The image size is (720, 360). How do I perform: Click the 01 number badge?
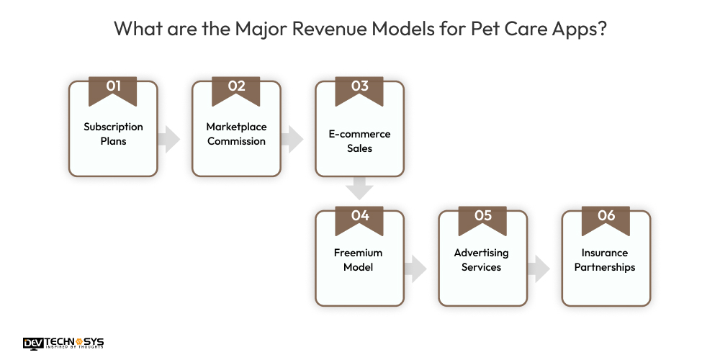pyautogui.click(x=113, y=88)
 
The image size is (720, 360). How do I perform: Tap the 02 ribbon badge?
pyautogui.click(x=236, y=88)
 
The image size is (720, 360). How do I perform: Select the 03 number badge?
pyautogui.click(x=359, y=88)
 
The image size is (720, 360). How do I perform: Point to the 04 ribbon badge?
pyautogui.click(x=359, y=217)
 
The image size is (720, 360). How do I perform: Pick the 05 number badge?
pyautogui.click(x=482, y=217)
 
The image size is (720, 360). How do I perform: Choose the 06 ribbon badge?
pyautogui.click(x=606, y=217)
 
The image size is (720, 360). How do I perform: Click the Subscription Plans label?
pyautogui.click(x=113, y=134)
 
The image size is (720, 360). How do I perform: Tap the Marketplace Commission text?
pyautogui.click(x=236, y=134)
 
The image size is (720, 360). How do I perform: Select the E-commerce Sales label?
pyautogui.click(x=359, y=141)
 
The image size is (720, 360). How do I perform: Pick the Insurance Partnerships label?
pyautogui.click(x=606, y=260)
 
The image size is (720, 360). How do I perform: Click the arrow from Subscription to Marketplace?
pyautogui.click(x=170, y=139)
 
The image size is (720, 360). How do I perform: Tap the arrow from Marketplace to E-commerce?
pyautogui.click(x=292, y=139)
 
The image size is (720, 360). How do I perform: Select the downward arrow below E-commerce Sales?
pyautogui.click(x=359, y=189)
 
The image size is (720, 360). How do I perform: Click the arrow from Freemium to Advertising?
pyautogui.click(x=415, y=269)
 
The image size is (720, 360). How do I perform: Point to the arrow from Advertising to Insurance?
pyautogui.click(x=539, y=269)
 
